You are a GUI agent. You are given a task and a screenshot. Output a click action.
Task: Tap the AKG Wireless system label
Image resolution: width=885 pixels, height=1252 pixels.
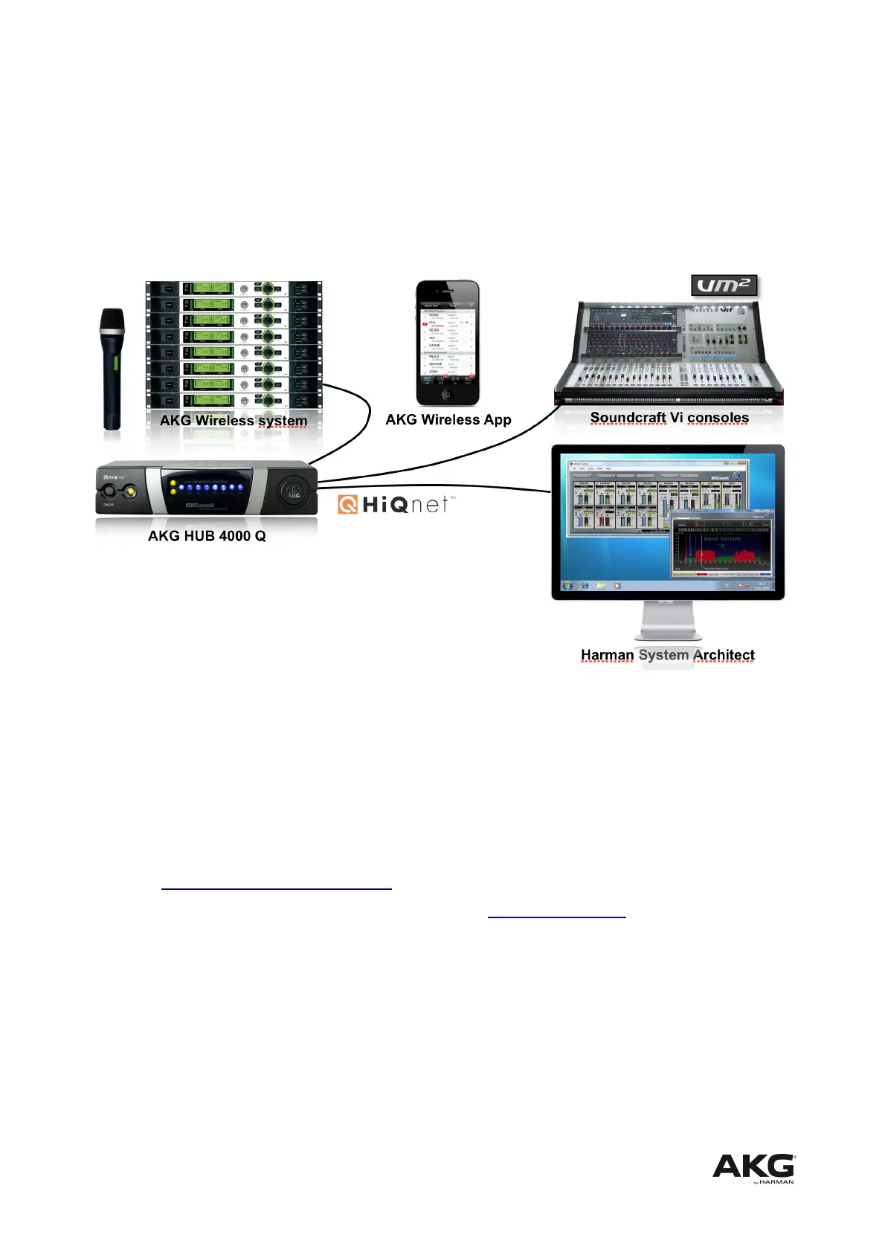click(233, 420)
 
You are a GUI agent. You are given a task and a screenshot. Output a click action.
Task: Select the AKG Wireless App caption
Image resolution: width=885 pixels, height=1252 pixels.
click(448, 419)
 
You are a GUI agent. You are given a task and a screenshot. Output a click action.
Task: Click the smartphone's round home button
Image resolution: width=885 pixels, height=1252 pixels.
click(447, 395)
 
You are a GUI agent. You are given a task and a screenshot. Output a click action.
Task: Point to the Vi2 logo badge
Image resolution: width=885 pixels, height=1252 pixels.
click(724, 285)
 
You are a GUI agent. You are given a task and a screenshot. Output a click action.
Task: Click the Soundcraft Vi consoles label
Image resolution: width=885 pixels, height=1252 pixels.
click(669, 418)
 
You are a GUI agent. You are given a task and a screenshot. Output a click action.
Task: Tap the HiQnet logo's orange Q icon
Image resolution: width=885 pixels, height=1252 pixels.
click(348, 504)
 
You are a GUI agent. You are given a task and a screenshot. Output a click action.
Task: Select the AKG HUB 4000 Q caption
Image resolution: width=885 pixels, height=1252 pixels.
click(207, 536)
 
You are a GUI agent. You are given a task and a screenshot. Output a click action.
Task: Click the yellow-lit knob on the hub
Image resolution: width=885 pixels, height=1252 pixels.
click(131, 491)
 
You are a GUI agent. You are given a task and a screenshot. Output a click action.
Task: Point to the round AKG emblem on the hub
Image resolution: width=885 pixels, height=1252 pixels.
click(293, 491)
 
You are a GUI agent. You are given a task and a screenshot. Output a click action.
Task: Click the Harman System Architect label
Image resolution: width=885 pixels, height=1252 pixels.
click(667, 655)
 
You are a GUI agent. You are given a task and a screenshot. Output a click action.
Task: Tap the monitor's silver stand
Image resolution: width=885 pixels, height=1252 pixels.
click(668, 621)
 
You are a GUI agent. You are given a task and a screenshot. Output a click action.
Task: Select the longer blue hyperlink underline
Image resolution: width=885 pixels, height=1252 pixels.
click(276, 888)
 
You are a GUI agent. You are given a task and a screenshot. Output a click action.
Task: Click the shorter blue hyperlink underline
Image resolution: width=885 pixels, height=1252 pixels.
click(556, 917)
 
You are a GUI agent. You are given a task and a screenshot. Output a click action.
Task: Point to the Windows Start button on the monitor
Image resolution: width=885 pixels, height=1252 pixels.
click(568, 586)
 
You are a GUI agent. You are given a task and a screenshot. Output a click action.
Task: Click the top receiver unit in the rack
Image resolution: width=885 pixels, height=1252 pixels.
click(234, 288)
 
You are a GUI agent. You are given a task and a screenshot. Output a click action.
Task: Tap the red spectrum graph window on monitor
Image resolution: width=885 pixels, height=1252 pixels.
click(721, 546)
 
